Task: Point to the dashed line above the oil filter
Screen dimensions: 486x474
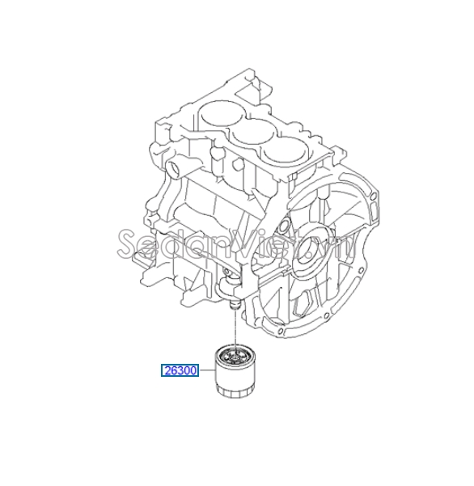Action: pos(233,328)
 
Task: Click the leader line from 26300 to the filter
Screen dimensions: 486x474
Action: pos(205,372)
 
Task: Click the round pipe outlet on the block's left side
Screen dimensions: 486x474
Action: pos(171,169)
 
